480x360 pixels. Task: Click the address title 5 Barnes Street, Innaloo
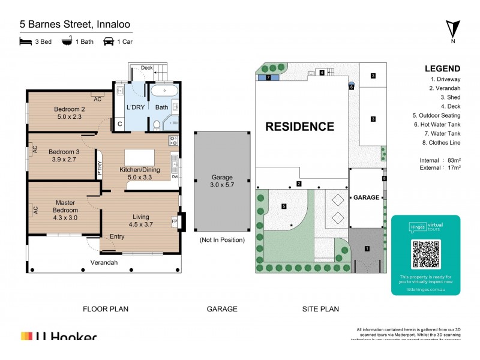tap(75, 25)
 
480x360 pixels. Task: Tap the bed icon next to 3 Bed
tap(25, 41)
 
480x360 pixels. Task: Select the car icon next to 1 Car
tap(109, 41)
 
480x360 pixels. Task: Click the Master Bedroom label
tap(65, 206)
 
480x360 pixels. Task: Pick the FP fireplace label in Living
tap(175, 221)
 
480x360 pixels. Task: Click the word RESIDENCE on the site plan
tap(299, 127)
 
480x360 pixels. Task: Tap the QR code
tap(425, 254)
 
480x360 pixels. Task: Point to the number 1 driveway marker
tap(367, 248)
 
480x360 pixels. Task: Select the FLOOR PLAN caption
tap(105, 309)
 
